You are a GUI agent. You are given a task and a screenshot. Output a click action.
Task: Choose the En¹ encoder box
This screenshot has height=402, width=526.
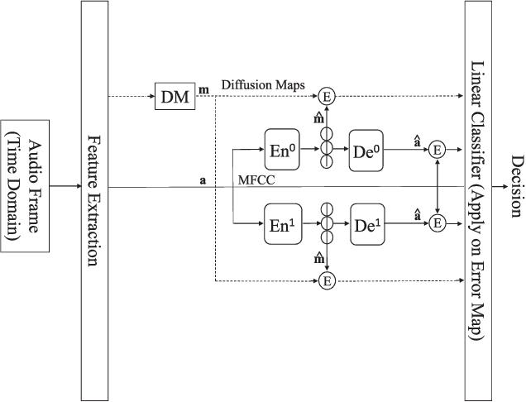click(x=281, y=223)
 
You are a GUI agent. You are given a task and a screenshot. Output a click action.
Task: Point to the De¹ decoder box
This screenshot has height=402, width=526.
click(x=366, y=223)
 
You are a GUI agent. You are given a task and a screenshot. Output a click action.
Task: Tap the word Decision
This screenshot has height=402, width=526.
click(x=517, y=187)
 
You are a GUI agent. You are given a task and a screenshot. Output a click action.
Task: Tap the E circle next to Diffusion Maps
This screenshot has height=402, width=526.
click(x=328, y=98)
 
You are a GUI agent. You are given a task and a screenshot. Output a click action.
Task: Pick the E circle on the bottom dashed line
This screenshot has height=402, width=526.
click(x=328, y=280)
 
